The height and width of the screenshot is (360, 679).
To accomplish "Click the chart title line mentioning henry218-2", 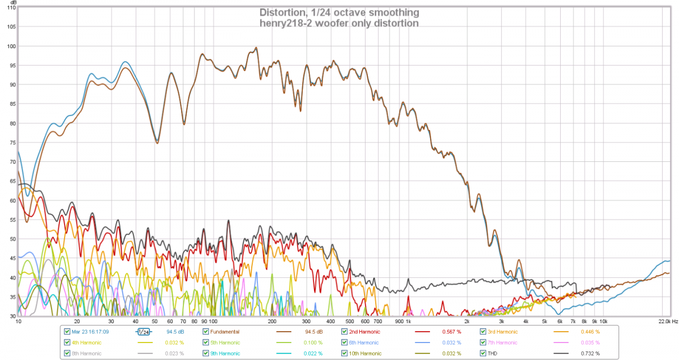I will [x=339, y=24].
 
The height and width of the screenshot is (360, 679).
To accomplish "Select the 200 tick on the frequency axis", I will [x=272, y=322].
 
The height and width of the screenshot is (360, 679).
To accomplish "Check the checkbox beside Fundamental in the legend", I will [x=206, y=332].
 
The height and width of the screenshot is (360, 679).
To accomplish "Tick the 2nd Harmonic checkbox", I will [x=345, y=332].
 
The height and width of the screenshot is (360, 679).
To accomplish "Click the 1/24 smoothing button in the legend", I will [x=144, y=332].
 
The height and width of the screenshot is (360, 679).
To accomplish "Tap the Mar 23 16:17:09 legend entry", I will [x=90, y=332].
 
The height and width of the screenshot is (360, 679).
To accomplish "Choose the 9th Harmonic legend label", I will [x=225, y=353].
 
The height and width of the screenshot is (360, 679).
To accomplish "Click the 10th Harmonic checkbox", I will [x=345, y=353].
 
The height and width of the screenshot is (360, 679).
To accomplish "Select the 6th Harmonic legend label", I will [x=364, y=342].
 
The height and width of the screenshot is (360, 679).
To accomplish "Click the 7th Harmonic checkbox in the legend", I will [x=483, y=342].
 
